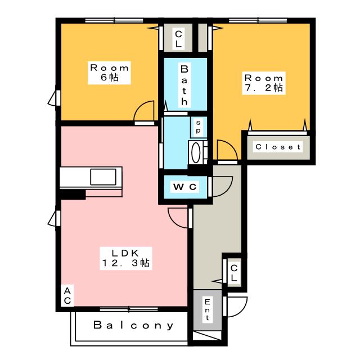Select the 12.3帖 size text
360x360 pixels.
click(125, 262)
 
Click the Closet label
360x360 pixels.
click(278, 147)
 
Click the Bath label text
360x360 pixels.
click(183, 85)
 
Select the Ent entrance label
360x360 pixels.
click(207, 310)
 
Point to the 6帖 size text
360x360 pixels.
click(110, 77)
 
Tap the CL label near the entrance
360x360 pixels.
click(233, 273)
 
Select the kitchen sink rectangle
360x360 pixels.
click(106, 177)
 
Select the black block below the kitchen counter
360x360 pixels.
click(73, 195)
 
